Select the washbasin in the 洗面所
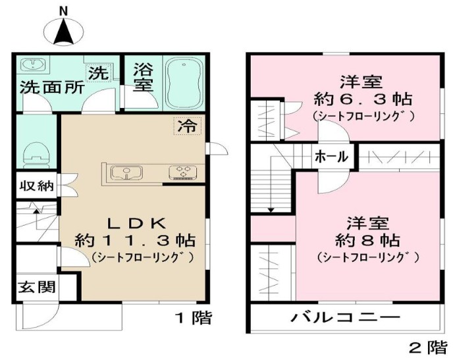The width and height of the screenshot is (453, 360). point(32,64)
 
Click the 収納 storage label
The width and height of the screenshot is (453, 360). point(36,186)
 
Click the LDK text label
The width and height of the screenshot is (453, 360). point(131,221)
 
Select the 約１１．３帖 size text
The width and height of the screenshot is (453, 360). point(131,238)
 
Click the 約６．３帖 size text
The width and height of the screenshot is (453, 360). point(362,100)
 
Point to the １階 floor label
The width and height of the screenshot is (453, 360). point(193,318)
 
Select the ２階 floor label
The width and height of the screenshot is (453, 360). point(427,346)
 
